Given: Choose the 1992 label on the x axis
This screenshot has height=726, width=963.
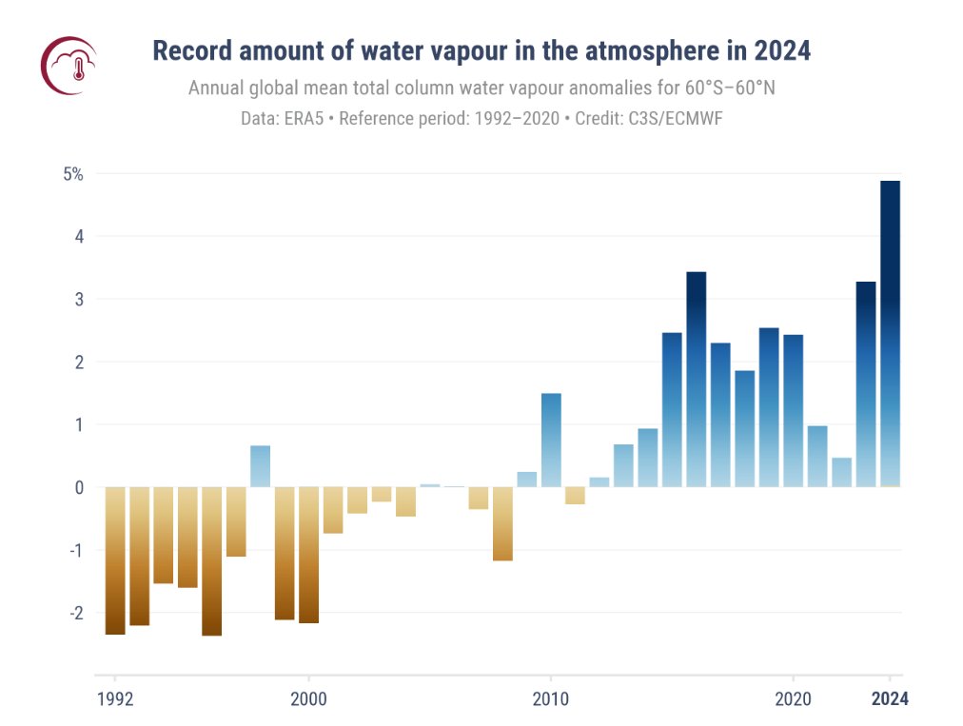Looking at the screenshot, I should [x=115, y=699].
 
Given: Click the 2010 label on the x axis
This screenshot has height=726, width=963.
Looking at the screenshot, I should [x=551, y=699].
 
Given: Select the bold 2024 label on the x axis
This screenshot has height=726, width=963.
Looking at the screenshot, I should [x=891, y=699].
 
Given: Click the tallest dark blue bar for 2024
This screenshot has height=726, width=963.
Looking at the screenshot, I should [x=890, y=333].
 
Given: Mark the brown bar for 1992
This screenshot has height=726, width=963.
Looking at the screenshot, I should [x=115, y=560].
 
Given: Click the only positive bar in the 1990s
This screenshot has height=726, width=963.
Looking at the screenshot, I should [x=260, y=466].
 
